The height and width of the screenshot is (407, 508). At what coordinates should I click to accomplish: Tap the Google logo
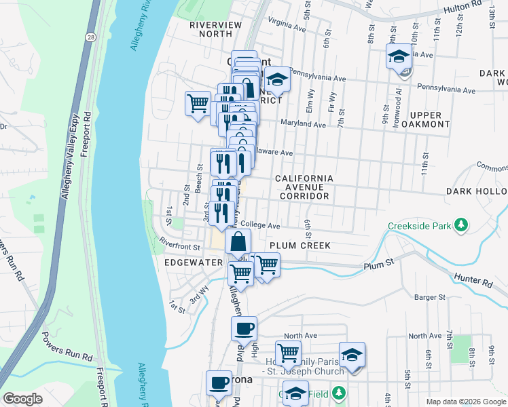(x=22, y=399)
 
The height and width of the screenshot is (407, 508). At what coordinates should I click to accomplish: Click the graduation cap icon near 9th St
(x=399, y=56)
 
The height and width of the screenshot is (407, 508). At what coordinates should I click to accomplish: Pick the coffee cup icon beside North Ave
(x=244, y=329)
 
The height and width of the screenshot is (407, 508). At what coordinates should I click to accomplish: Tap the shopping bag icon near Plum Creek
(x=238, y=241)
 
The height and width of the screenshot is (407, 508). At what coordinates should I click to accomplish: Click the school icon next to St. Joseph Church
(x=352, y=355)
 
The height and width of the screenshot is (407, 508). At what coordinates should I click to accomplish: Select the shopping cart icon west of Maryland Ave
(x=198, y=104)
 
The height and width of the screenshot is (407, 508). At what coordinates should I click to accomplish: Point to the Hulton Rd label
(x=462, y=10)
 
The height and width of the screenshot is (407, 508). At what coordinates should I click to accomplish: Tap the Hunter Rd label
(x=473, y=279)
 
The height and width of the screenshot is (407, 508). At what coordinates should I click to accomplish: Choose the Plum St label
(x=378, y=266)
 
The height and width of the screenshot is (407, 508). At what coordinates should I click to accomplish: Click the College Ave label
(x=260, y=226)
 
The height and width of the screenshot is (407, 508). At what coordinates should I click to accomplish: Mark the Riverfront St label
(x=179, y=240)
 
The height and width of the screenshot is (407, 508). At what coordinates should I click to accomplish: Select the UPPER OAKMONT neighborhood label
(x=425, y=119)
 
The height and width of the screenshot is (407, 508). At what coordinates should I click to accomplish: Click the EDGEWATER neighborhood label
(x=194, y=262)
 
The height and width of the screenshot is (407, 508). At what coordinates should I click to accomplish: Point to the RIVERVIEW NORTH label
(x=215, y=29)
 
